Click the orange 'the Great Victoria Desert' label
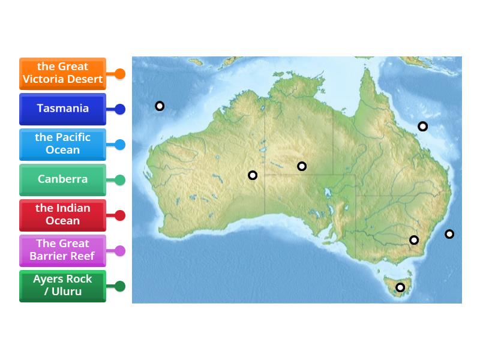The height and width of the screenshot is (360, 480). [62, 73]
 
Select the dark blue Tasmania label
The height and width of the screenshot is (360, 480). [62, 109]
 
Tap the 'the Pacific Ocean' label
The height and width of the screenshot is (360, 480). [62, 144]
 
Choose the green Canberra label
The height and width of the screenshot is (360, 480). [62, 179]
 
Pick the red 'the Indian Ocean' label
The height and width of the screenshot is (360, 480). [62, 215]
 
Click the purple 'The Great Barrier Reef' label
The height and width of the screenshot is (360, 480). [62, 250]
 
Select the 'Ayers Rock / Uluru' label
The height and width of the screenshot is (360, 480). [62, 286]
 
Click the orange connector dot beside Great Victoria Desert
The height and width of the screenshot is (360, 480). [120, 74]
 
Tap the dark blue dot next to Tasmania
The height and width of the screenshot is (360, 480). [120, 109]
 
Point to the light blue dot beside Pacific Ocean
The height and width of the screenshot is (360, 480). [120, 145]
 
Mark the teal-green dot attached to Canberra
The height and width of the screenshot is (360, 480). [120, 180]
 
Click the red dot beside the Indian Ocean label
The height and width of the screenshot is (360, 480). [120, 215]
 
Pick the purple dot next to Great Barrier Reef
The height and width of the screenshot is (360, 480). [120, 251]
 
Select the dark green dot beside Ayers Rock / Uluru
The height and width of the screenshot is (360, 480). [120, 286]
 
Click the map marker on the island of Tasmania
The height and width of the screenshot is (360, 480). [400, 287]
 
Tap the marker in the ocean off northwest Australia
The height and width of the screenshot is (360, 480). [160, 106]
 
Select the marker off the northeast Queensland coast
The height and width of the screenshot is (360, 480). [423, 126]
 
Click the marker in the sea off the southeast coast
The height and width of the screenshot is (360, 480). [449, 234]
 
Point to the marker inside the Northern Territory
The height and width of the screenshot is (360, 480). [302, 166]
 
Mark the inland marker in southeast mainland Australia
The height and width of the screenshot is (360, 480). [414, 240]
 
